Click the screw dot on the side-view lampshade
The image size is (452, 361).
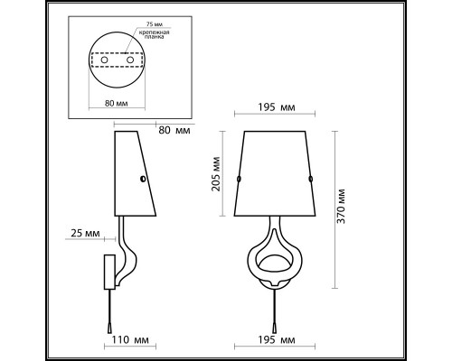(x=143, y=180)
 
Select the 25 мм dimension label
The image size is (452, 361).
(x=82, y=234)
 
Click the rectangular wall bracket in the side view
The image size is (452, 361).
(x=108, y=271)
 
